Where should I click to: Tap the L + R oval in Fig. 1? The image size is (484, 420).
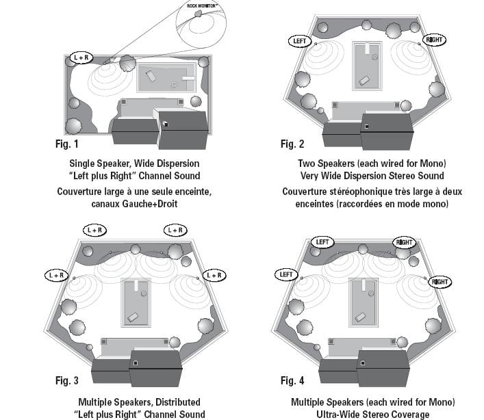(x=81, y=58)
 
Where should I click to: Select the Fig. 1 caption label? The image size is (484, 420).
(x=66, y=144)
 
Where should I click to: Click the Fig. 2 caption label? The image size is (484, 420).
(x=292, y=144)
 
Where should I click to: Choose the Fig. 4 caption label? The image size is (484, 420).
(x=292, y=380)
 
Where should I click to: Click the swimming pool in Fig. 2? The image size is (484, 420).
(x=367, y=65)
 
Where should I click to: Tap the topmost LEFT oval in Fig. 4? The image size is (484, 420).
(x=322, y=241)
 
